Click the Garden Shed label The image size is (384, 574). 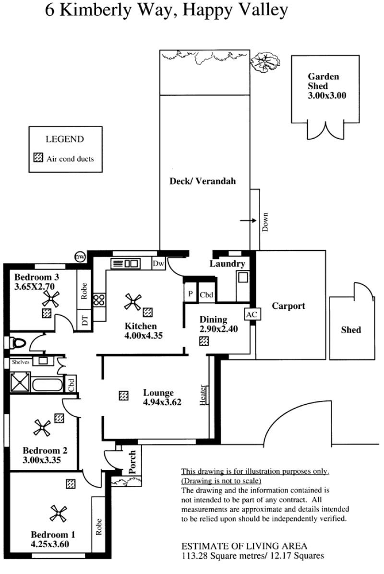(x=324, y=81)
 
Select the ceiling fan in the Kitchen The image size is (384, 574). (x=132, y=302)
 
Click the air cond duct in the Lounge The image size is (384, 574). (x=124, y=396)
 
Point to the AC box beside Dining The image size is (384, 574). (x=252, y=315)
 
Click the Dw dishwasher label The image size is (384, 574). (x=158, y=264)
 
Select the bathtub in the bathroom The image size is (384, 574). (x=47, y=385)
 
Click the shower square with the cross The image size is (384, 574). (x=20, y=383)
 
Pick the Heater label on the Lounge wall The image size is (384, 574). (x=203, y=395)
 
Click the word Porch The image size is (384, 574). (x=132, y=462)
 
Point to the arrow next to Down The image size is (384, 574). (x=248, y=221)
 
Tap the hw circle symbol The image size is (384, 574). (x=80, y=257)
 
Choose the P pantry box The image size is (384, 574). (x=191, y=293)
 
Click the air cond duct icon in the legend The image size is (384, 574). (x=38, y=157)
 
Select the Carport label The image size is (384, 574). (x=288, y=306)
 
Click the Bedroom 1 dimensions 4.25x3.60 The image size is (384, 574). (x=50, y=544)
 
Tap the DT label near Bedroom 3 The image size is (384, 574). (x=84, y=321)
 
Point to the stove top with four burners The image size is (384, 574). (x=99, y=300)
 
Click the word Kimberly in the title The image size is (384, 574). (x=95, y=10)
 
